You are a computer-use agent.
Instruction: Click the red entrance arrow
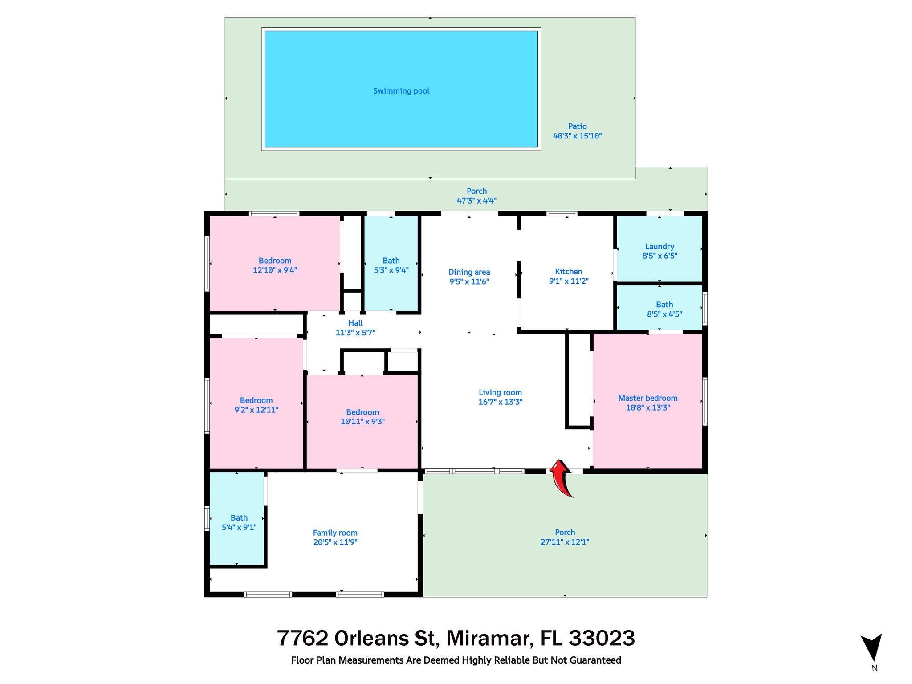pyautogui.click(x=562, y=478)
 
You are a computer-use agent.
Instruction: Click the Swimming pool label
pyautogui.click(x=401, y=91)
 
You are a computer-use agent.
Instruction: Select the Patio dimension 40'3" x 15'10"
pyautogui.click(x=577, y=136)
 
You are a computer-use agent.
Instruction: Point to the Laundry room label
pyautogui.click(x=660, y=246)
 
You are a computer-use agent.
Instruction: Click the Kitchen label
pyautogui.click(x=569, y=271)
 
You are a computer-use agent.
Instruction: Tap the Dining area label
pyautogui.click(x=469, y=272)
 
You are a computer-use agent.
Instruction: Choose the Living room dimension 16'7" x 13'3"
pyautogui.click(x=500, y=402)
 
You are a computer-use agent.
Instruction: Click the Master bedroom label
pyautogui.click(x=647, y=398)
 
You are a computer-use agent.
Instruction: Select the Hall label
pyautogui.click(x=355, y=323)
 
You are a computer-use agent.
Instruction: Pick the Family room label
pyautogui.click(x=335, y=533)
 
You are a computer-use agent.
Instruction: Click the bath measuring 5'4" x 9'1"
pyautogui.click(x=239, y=522)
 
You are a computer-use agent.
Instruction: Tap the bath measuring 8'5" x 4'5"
pyautogui.click(x=664, y=309)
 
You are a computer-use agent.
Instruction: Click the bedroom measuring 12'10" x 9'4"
pyautogui.click(x=275, y=265)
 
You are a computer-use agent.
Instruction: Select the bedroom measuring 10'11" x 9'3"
pyautogui.click(x=362, y=416)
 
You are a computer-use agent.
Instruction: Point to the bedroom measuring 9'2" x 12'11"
pyautogui.click(x=256, y=405)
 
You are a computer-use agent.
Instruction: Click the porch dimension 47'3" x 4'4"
pyautogui.click(x=476, y=200)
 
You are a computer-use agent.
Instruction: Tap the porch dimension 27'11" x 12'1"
pyautogui.click(x=565, y=542)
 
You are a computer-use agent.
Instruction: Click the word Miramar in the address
pyautogui.click(x=490, y=638)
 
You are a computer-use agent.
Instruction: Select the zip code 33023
pyautogui.click(x=602, y=638)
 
